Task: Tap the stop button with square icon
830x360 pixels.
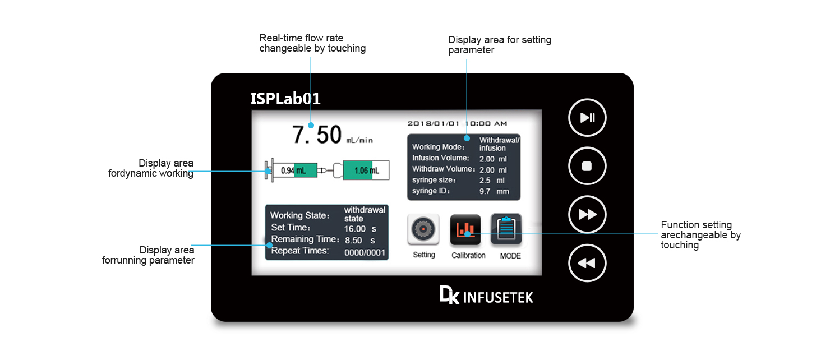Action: tap(587, 166)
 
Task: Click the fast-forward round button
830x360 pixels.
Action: tap(587, 214)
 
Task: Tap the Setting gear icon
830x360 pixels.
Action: tap(423, 230)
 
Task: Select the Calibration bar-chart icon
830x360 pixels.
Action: tap(465, 230)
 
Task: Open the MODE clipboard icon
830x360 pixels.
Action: tap(506, 230)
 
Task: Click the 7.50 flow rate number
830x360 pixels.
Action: tap(317, 135)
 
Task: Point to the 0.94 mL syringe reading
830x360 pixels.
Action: tap(293, 170)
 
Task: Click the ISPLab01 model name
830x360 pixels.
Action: tap(285, 99)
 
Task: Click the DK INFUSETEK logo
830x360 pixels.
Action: tap(486, 296)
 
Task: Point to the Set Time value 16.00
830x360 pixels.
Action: tap(355, 229)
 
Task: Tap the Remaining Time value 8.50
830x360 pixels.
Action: tap(353, 241)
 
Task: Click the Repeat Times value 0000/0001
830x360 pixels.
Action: tap(365, 253)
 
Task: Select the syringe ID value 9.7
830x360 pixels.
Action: tap(485, 191)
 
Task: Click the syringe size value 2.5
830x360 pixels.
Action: tap(485, 181)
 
